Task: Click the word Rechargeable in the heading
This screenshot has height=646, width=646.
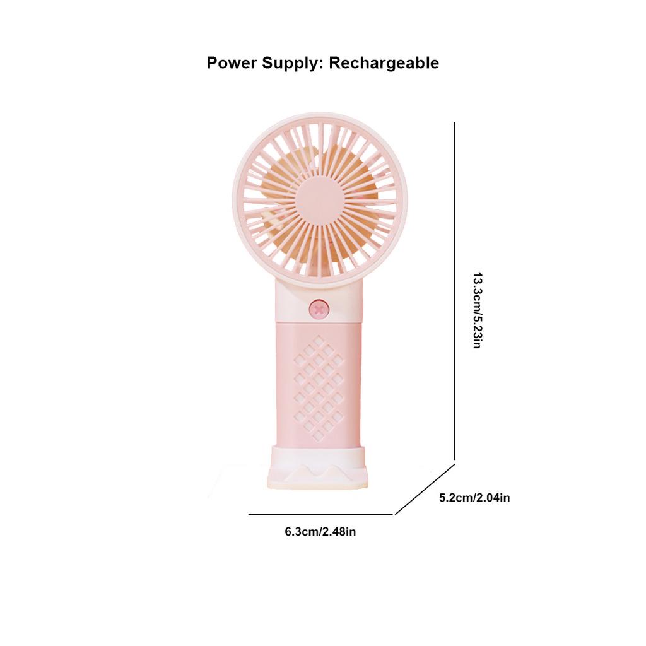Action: tap(384, 63)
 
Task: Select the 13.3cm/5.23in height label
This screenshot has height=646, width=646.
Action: tap(478, 310)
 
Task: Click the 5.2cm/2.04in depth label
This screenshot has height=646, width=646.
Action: tap(474, 498)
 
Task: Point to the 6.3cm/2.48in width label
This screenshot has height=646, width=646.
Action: tap(320, 532)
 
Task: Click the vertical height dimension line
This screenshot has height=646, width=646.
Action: tap(455, 290)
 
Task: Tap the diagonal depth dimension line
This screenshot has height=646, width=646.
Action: tap(425, 490)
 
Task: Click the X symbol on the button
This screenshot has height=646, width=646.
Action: tap(319, 309)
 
